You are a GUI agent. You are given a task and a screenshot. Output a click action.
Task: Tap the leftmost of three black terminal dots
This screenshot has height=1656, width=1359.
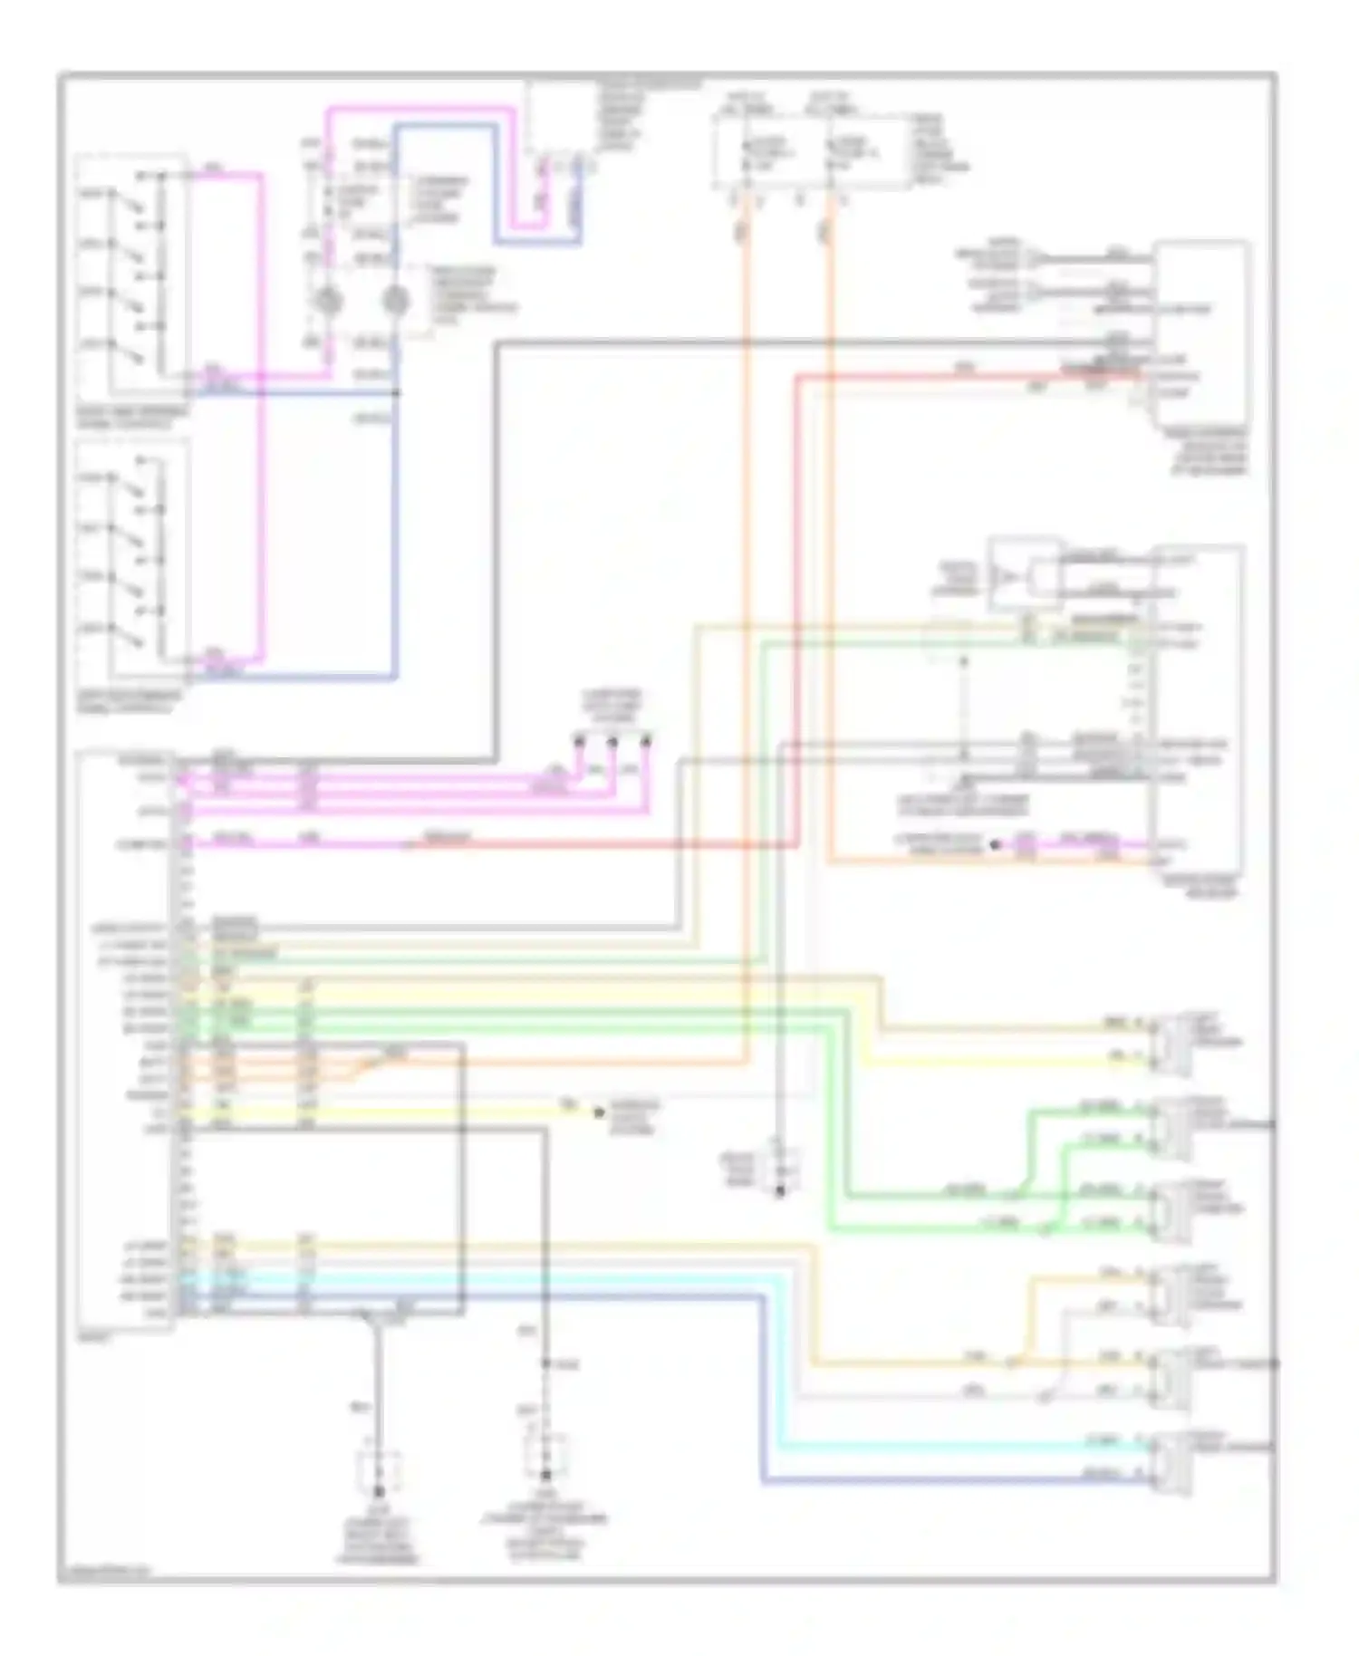click(578, 742)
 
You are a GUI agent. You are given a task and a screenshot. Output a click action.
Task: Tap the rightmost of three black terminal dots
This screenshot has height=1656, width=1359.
click(646, 742)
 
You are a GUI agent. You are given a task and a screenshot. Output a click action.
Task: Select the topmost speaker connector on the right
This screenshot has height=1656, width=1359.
click(1169, 1043)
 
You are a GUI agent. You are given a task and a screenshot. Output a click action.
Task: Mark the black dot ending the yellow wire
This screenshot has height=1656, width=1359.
click(598, 1112)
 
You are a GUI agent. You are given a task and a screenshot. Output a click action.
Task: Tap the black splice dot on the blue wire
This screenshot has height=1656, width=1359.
click(397, 392)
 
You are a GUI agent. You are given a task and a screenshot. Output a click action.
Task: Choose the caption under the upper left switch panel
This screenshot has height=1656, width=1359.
click(134, 417)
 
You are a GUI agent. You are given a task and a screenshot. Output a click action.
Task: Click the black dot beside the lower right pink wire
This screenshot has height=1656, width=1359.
click(995, 844)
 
